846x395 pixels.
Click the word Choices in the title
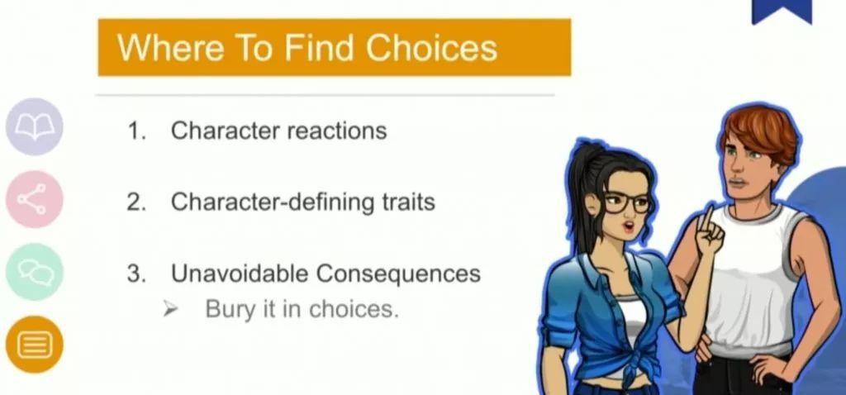431,47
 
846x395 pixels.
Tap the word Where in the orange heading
170,47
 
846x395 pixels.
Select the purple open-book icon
35,126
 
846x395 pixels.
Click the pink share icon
35,199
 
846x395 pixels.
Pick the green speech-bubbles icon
35,271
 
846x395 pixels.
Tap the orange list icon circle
35,345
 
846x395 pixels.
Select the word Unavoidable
240,273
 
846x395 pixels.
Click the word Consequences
398,273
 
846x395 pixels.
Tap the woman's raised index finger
706,219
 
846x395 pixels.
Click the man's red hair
761,131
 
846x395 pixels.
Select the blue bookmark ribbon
782,12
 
